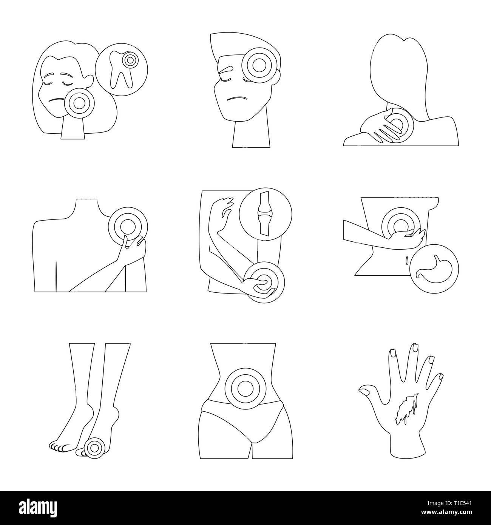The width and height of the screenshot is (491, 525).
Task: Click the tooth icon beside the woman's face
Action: pyautogui.click(x=121, y=68)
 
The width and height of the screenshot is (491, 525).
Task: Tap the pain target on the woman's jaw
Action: pyautogui.click(x=79, y=102)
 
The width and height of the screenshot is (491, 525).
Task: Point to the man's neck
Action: pyautogui.click(x=251, y=134)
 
